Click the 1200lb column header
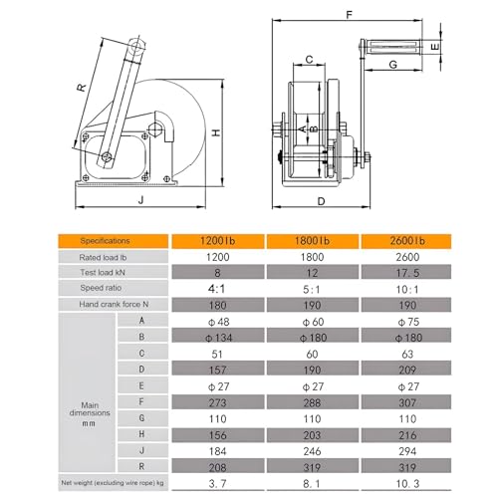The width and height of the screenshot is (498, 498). coord(218,241)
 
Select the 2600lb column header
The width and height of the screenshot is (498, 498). coord(406,241)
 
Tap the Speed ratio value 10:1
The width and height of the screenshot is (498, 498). coord(407,289)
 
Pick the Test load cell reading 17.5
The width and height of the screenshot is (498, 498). coord(407,273)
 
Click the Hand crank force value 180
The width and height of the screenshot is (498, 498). coord(218,305)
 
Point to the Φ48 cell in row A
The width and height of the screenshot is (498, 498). coord(218,322)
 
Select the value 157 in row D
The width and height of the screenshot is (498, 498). coord(218,370)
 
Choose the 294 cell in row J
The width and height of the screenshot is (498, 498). coord(407,451)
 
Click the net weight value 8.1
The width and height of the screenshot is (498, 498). coord(312,484)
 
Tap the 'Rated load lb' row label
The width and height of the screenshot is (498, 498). coord(103,257)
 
